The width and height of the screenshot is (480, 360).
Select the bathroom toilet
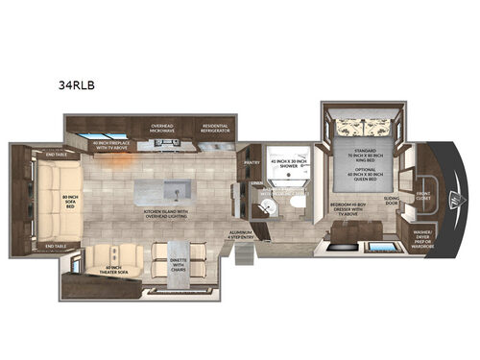coord(299,209)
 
